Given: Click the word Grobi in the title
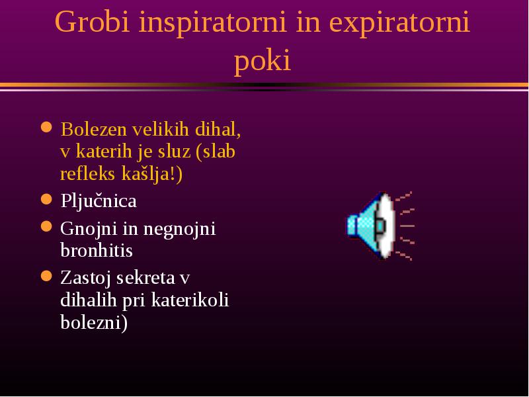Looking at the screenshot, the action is [x=92, y=22].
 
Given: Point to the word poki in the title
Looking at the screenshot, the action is [x=262, y=61].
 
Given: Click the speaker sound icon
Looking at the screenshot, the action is [x=381, y=226].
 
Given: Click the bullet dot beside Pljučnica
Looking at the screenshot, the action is [x=46, y=199].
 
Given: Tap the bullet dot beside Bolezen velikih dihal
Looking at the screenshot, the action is [x=46, y=127].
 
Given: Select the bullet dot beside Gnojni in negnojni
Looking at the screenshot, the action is [x=46, y=226].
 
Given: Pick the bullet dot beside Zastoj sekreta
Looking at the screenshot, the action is [x=46, y=276].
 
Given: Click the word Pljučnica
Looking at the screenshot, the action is [x=99, y=201].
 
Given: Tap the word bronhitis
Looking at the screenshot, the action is [x=97, y=250].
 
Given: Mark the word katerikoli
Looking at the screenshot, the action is [x=190, y=300].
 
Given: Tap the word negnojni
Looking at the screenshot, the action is [x=179, y=229].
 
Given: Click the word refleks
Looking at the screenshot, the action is [x=88, y=173].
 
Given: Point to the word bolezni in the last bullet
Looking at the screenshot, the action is [x=91, y=322].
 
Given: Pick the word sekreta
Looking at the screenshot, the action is [x=145, y=278].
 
